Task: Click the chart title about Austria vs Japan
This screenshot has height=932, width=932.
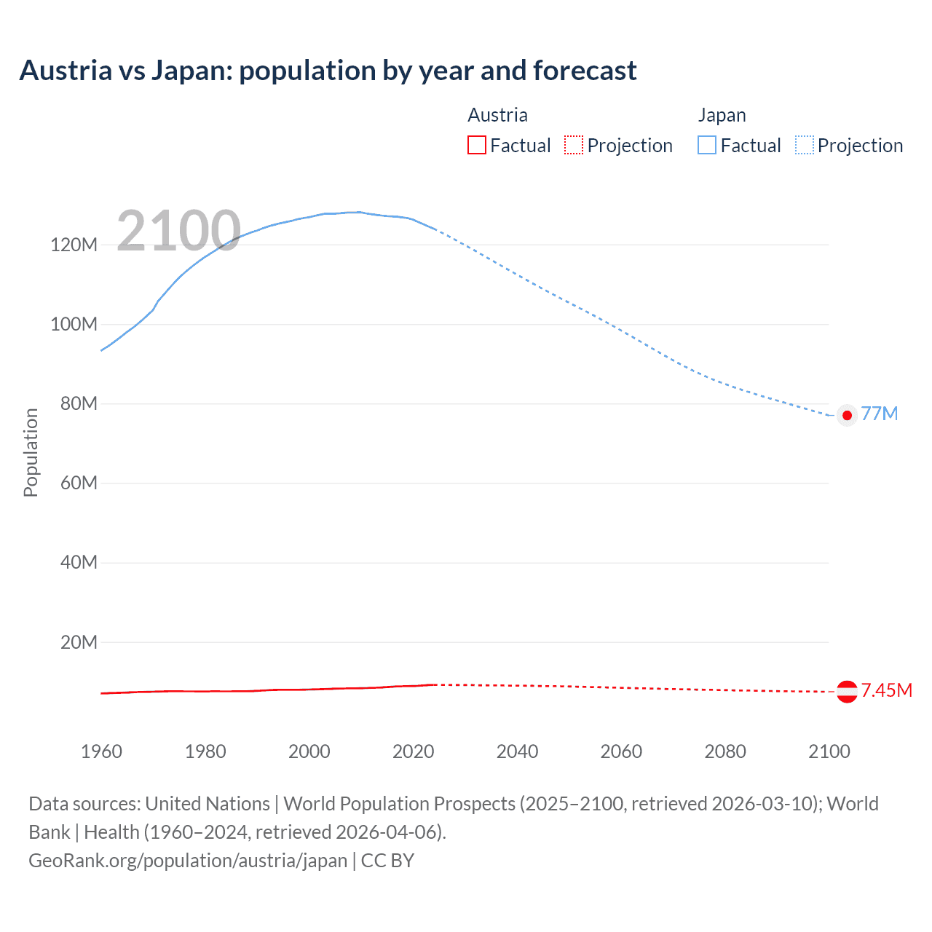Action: pyautogui.click(x=328, y=71)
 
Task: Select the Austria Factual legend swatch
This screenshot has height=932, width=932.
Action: pyautogui.click(x=476, y=145)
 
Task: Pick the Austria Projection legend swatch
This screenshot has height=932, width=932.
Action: pyautogui.click(x=574, y=145)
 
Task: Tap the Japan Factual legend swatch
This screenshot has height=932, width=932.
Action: pyautogui.click(x=706, y=145)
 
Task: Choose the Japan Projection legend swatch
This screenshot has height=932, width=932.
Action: pyautogui.click(x=804, y=145)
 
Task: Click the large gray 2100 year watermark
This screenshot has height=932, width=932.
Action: pyautogui.click(x=178, y=231)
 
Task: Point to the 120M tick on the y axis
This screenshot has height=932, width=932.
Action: pyautogui.click(x=74, y=245)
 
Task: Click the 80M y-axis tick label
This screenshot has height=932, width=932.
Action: pyautogui.click(x=79, y=403)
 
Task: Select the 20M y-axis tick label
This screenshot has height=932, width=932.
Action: pyautogui.click(x=79, y=642)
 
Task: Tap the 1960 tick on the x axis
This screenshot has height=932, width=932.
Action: pyautogui.click(x=101, y=751)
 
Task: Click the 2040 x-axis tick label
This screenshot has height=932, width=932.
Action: pyautogui.click(x=517, y=751)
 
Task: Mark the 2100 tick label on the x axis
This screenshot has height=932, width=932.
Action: pyautogui.click(x=829, y=751)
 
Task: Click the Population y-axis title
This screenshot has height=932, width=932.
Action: pyautogui.click(x=31, y=452)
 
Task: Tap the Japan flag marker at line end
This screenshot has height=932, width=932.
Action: pyautogui.click(x=846, y=415)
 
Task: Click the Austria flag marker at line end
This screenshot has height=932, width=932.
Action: pyautogui.click(x=846, y=691)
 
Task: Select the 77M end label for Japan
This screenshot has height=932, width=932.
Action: pyautogui.click(x=880, y=414)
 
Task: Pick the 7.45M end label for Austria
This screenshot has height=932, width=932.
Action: pyautogui.click(x=886, y=690)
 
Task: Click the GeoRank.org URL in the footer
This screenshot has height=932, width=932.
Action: pyautogui.click(x=188, y=861)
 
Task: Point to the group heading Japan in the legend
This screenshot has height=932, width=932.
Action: pyautogui.click(x=722, y=115)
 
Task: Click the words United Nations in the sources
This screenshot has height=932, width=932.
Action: pyautogui.click(x=208, y=804)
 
